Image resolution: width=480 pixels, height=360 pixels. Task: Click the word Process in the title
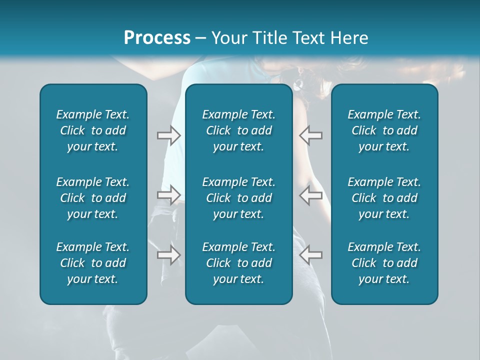tap(157, 38)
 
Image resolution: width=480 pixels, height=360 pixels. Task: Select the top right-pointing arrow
tap(168, 135)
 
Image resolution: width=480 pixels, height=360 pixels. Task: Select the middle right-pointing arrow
tap(168, 194)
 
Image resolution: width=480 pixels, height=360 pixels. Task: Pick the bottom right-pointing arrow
tap(168, 254)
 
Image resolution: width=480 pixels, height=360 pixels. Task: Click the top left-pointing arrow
tap(311, 135)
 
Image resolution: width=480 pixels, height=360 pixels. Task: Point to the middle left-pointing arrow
tap(311, 194)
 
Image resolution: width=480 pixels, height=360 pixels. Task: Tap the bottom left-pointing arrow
tap(311, 254)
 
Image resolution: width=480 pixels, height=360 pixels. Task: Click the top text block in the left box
tap(93, 130)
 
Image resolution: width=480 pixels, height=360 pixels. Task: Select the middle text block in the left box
tap(93, 198)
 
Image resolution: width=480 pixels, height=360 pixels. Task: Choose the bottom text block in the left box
tap(93, 263)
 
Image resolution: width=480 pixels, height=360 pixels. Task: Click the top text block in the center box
tap(238, 130)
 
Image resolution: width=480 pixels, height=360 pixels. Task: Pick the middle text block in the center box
tap(238, 198)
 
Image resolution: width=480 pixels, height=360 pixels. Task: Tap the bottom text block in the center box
tap(238, 263)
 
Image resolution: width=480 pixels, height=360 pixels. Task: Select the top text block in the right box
tap(384, 130)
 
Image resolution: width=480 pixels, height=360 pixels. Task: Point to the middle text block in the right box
tap(384, 198)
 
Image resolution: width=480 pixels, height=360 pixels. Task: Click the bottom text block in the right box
tap(384, 263)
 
